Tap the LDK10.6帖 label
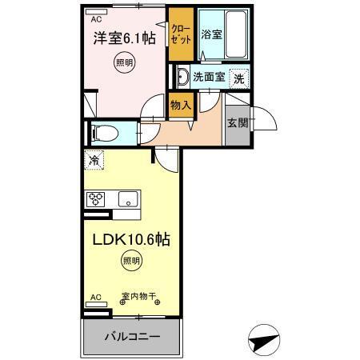tap(133, 239)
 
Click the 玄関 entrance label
tap(236, 123)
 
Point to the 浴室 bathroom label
tap(211, 34)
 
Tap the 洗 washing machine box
tap(238, 78)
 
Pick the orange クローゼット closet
tap(180, 36)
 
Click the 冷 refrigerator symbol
tap(94, 161)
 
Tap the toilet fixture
tap(101, 133)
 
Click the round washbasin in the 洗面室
tap(182, 78)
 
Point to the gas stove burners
tap(97, 198)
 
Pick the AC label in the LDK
tap(95, 297)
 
